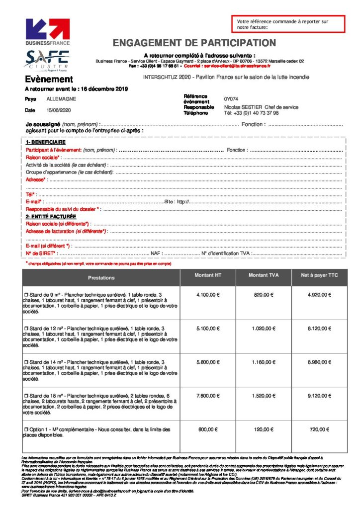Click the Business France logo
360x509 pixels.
[48, 32]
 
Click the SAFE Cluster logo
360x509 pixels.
[48, 59]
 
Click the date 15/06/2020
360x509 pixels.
[59, 110]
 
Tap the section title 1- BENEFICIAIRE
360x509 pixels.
[46, 142]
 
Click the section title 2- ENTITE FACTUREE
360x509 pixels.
[51, 217]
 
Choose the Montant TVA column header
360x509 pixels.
[264, 275]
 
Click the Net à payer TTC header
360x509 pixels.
[319, 275]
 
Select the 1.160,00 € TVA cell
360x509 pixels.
[264, 362]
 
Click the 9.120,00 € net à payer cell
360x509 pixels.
[319, 396]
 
